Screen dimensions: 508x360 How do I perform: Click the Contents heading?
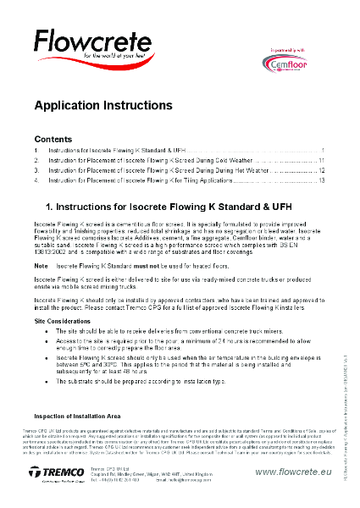(53, 138)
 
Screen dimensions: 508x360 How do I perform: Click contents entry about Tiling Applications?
(140, 180)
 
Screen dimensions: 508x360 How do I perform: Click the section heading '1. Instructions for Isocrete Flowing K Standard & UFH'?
(169, 206)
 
